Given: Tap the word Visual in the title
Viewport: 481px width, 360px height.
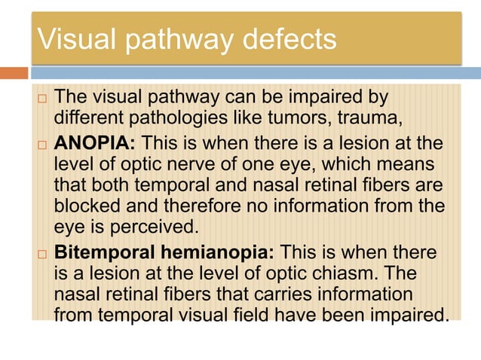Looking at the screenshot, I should click(73, 38).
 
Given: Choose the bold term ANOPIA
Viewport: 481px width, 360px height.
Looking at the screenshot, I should click(97, 142).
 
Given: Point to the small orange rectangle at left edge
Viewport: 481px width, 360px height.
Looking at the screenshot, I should click(14, 73).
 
